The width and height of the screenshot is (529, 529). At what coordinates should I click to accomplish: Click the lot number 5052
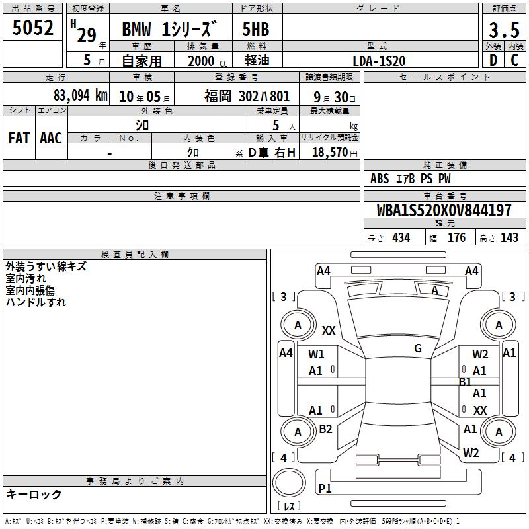pyautogui.click(x=32, y=28)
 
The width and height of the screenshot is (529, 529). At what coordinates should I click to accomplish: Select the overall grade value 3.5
pyautogui.click(x=504, y=30)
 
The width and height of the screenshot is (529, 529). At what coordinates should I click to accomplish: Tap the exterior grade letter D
pyautogui.click(x=493, y=60)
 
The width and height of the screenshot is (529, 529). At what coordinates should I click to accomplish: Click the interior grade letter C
pyautogui.click(x=514, y=60)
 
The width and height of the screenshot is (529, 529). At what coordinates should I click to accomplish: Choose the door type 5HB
pyautogui.click(x=256, y=29)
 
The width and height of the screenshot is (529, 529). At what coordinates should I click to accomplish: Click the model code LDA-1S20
pyautogui.click(x=379, y=61)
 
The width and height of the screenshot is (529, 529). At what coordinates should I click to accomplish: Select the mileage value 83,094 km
pyautogui.click(x=81, y=95)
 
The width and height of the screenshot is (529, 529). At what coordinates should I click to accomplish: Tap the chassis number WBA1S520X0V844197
pyautogui.click(x=444, y=210)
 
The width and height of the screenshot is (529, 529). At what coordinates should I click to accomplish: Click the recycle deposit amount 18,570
pyautogui.click(x=330, y=153)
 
